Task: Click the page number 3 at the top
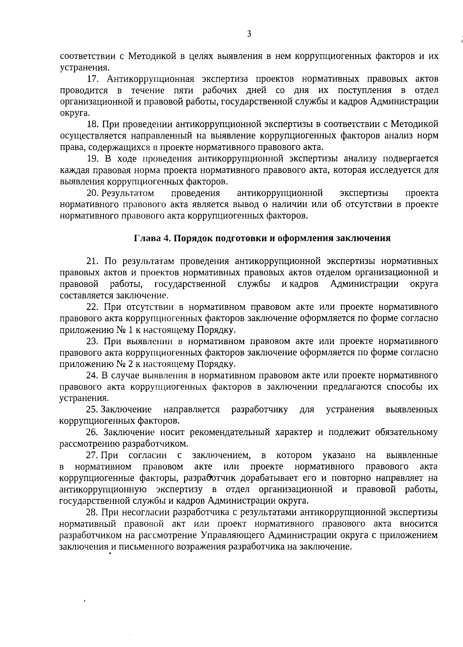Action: [x=249, y=34]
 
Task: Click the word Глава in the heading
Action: [x=147, y=238]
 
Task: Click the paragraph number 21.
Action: [x=93, y=262]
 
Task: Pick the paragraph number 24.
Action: [x=93, y=375]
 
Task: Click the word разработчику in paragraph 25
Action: [x=260, y=410]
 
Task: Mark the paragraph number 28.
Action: [x=93, y=513]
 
